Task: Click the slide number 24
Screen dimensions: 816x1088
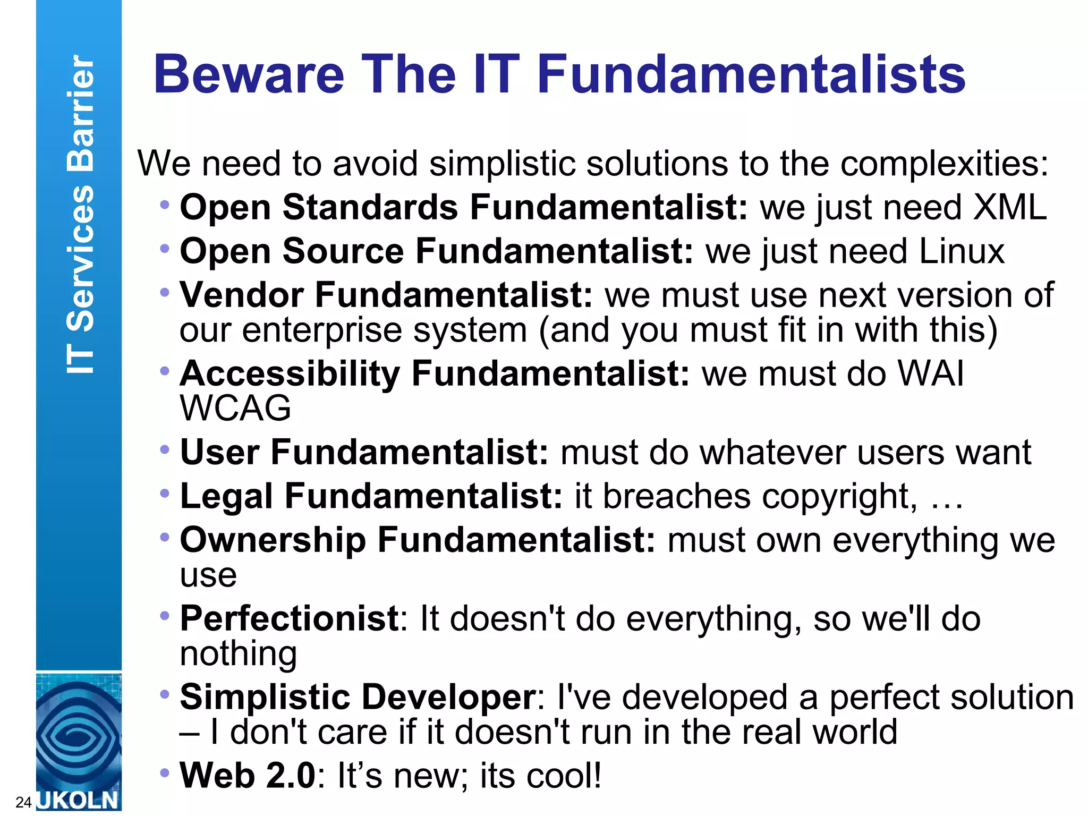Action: tap(23, 802)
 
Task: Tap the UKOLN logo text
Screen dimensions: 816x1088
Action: tap(78, 800)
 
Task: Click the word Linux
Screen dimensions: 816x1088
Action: tap(962, 251)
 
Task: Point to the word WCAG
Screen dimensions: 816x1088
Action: tap(235, 408)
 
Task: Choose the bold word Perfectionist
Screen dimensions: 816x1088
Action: tap(290, 619)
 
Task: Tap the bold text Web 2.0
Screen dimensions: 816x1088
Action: tap(248, 776)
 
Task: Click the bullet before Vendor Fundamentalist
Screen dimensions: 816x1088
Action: tap(165, 292)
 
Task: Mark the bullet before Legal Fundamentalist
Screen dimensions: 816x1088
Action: tap(165, 494)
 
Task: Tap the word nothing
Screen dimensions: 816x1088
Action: tap(239, 653)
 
